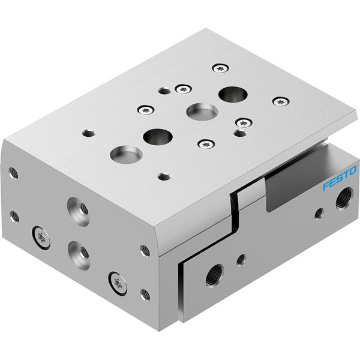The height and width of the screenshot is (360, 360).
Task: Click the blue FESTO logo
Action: (340, 178)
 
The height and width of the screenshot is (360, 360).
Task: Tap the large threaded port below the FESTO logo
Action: (344, 199)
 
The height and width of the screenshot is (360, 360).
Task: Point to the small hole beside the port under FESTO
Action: (319, 213)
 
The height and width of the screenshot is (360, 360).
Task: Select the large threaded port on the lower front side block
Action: (214, 275)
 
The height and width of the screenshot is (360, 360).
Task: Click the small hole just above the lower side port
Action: (241, 260)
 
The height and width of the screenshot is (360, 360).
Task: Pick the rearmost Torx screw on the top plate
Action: (220, 68)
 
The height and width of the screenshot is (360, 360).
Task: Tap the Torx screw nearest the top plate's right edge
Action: (281, 101)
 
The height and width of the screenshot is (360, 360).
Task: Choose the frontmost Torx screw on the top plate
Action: (206, 144)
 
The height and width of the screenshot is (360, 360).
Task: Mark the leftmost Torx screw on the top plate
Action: (146, 110)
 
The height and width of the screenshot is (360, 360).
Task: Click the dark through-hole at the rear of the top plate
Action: (233, 94)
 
